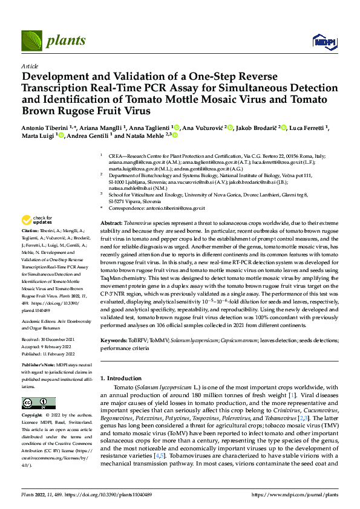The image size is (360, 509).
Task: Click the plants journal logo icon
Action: point(31,42)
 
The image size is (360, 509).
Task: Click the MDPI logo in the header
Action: point(321,41)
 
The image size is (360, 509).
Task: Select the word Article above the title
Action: point(30,66)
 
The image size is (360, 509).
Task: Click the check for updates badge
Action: point(37,220)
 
